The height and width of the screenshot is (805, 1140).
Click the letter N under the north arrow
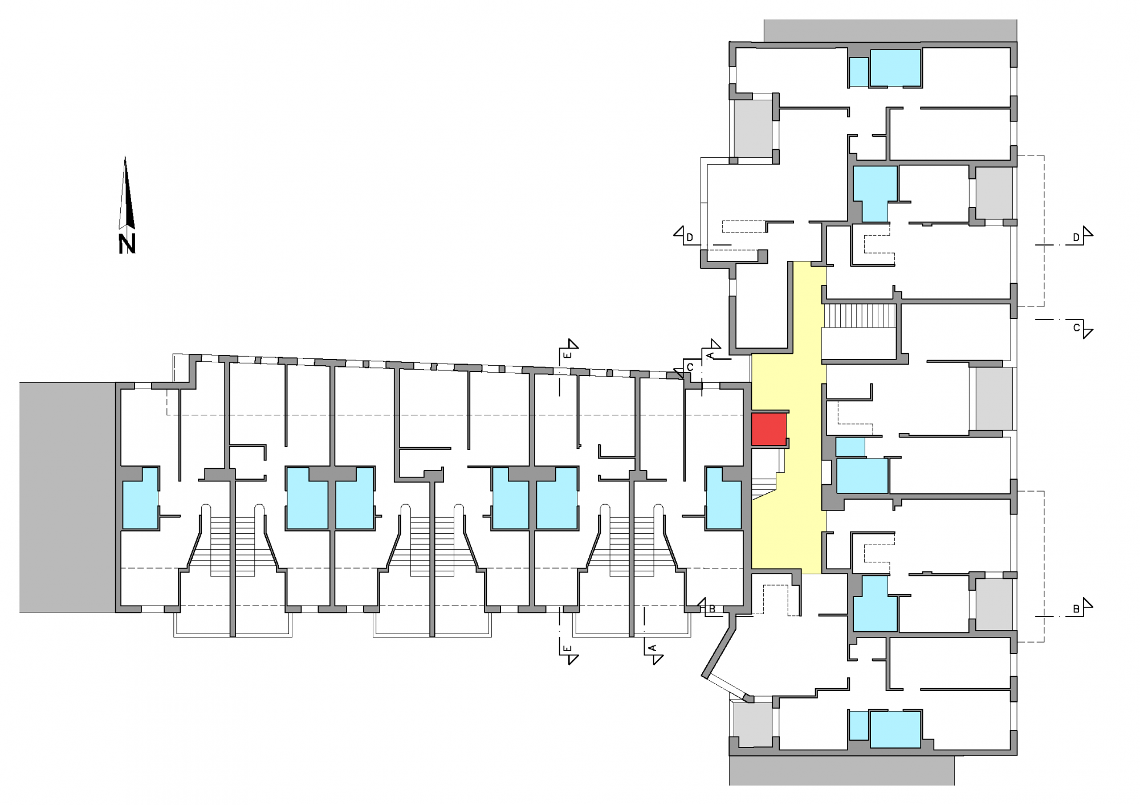[127, 244]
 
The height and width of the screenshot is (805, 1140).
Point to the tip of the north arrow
[125, 156]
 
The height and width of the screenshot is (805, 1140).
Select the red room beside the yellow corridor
[769, 430]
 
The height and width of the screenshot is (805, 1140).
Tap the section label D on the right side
[1076, 238]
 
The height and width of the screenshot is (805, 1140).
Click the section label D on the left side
[690, 238]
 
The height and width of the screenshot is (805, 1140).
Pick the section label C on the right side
[1076, 328]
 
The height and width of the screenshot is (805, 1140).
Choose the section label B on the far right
[1076, 609]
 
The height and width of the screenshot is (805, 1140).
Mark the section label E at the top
[567, 355]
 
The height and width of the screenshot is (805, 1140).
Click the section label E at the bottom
[567, 649]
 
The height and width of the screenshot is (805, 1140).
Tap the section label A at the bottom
[653, 648]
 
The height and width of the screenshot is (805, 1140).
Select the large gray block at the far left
[67, 497]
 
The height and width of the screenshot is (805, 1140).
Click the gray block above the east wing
[890, 31]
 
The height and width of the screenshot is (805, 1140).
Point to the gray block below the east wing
[841, 770]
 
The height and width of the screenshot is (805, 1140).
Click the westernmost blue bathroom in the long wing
[140, 498]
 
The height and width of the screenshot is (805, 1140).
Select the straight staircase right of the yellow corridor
[860, 316]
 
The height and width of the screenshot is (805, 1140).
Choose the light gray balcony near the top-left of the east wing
[753, 129]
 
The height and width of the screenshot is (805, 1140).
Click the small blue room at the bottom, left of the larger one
[858, 726]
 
